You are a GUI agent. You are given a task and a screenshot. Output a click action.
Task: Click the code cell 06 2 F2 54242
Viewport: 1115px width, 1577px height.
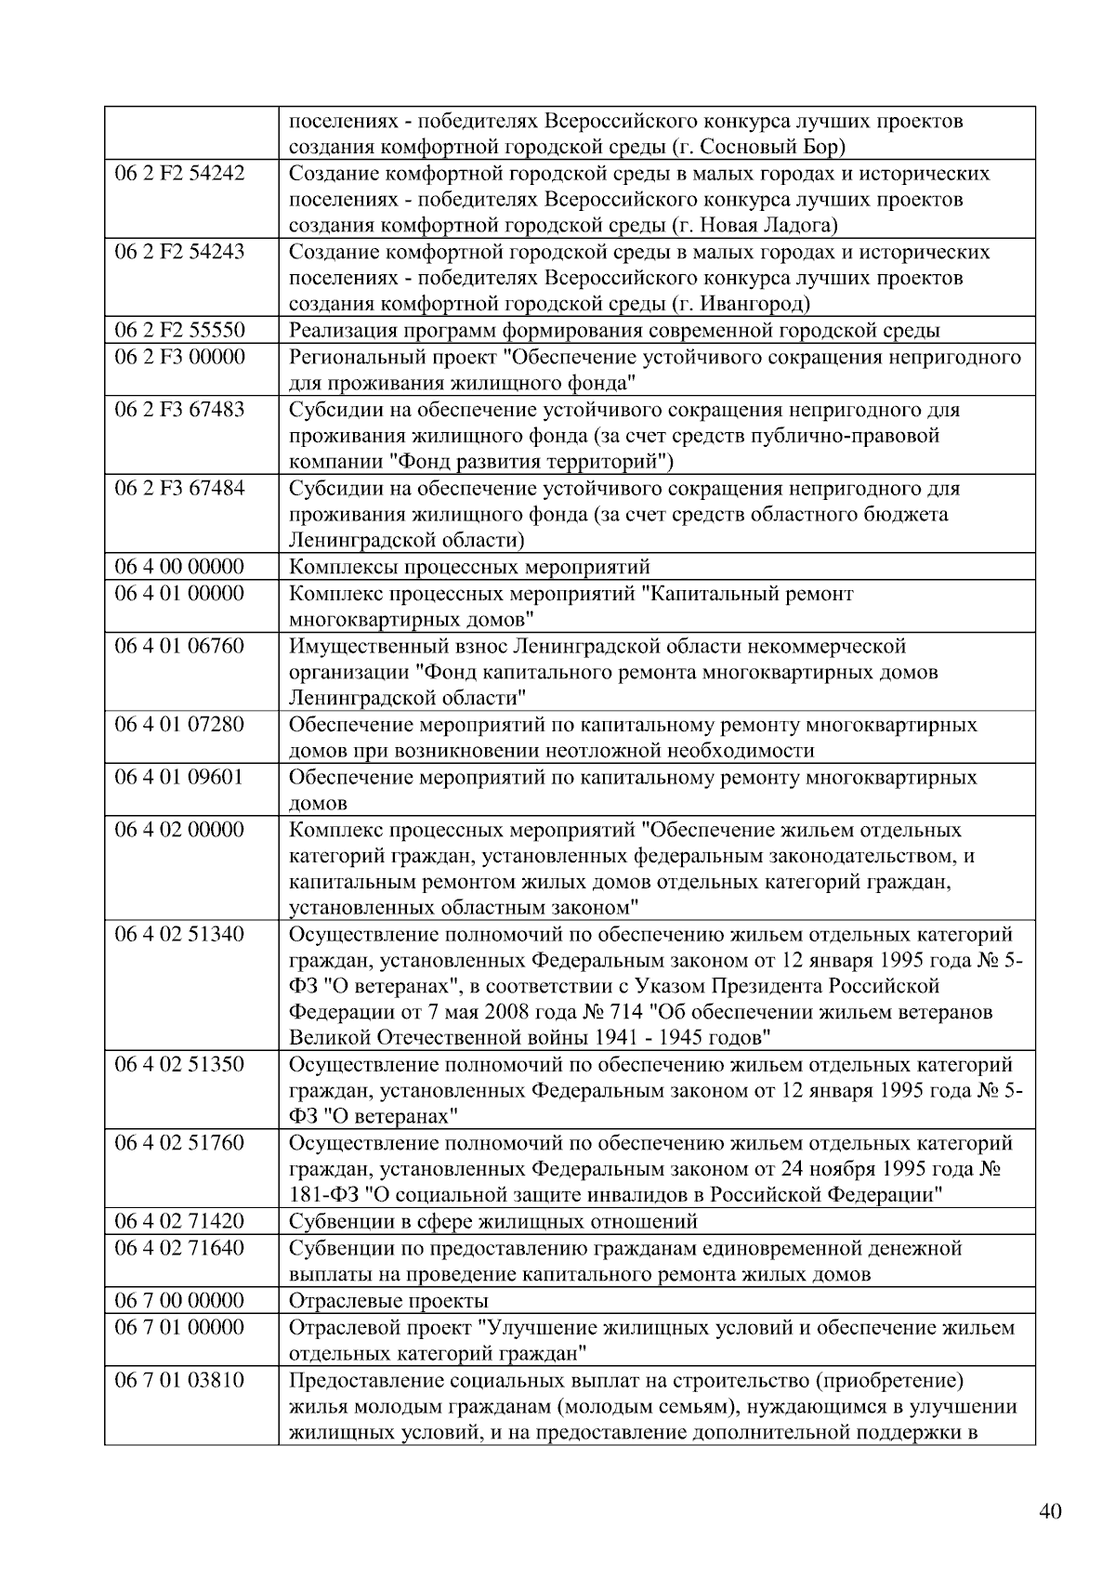click(179, 174)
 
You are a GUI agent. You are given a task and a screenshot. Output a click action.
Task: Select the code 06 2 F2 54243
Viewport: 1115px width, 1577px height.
click(179, 252)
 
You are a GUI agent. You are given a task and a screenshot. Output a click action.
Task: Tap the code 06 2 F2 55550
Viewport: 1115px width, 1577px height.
click(179, 331)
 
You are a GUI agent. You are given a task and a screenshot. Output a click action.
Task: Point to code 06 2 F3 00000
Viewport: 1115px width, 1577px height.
click(179, 357)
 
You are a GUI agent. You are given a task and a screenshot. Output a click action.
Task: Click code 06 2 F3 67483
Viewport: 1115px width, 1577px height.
click(179, 410)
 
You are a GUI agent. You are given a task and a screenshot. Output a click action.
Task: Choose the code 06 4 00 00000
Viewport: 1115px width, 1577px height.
click(179, 567)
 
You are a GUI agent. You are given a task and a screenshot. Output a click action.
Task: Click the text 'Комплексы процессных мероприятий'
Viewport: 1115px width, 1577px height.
click(469, 567)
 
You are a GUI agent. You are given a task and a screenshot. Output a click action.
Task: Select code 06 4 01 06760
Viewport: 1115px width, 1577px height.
click(179, 646)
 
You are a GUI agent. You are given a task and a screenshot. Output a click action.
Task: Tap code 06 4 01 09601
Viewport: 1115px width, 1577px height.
click(179, 777)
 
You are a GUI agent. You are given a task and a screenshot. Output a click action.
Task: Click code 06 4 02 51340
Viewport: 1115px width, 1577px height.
click(179, 934)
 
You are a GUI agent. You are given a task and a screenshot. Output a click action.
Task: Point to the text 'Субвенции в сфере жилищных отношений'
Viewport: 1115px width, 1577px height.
click(492, 1222)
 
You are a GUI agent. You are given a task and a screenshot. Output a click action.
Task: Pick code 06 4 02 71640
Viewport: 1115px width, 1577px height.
click(179, 1248)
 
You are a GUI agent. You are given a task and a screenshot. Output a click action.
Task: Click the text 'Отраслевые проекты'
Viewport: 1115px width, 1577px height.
click(388, 1301)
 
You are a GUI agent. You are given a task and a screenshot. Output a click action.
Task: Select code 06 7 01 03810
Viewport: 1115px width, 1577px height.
click(179, 1380)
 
